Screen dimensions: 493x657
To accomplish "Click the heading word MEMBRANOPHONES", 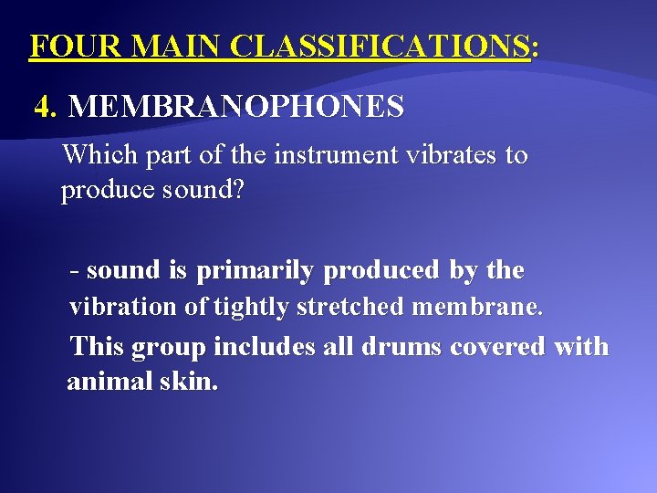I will pyautogui.click(x=236, y=108).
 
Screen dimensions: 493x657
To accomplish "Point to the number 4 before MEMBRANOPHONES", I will pyautogui.click(x=43, y=108).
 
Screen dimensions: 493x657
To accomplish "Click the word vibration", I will pyautogui.click(x=124, y=307).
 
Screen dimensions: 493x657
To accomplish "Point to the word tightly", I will pyautogui.click(x=252, y=307).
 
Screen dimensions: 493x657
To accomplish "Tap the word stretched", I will pyautogui.click(x=350, y=307).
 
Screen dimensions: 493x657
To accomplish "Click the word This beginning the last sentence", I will pyautogui.click(x=97, y=347).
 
